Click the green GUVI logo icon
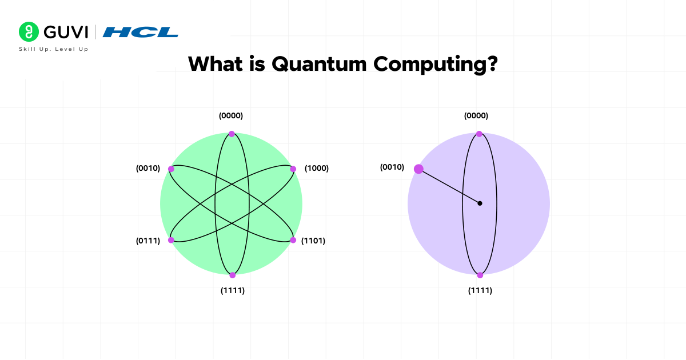[x=27, y=31]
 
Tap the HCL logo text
[x=141, y=32]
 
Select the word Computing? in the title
[x=435, y=64]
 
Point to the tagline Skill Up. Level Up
[x=54, y=49]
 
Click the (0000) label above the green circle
[x=231, y=115]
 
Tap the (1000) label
[x=317, y=169]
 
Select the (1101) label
[x=313, y=241]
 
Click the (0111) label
[x=147, y=241]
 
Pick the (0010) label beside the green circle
[x=148, y=169]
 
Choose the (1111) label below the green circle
[x=233, y=290]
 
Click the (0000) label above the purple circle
[x=476, y=115]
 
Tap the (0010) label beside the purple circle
[x=392, y=167]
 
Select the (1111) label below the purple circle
[x=480, y=290]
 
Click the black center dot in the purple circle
[x=480, y=203]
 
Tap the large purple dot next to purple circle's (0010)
[x=418, y=169]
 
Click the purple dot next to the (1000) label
[x=293, y=169]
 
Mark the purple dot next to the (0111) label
[x=171, y=240]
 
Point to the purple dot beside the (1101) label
[x=293, y=240]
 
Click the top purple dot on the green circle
[x=232, y=134]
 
